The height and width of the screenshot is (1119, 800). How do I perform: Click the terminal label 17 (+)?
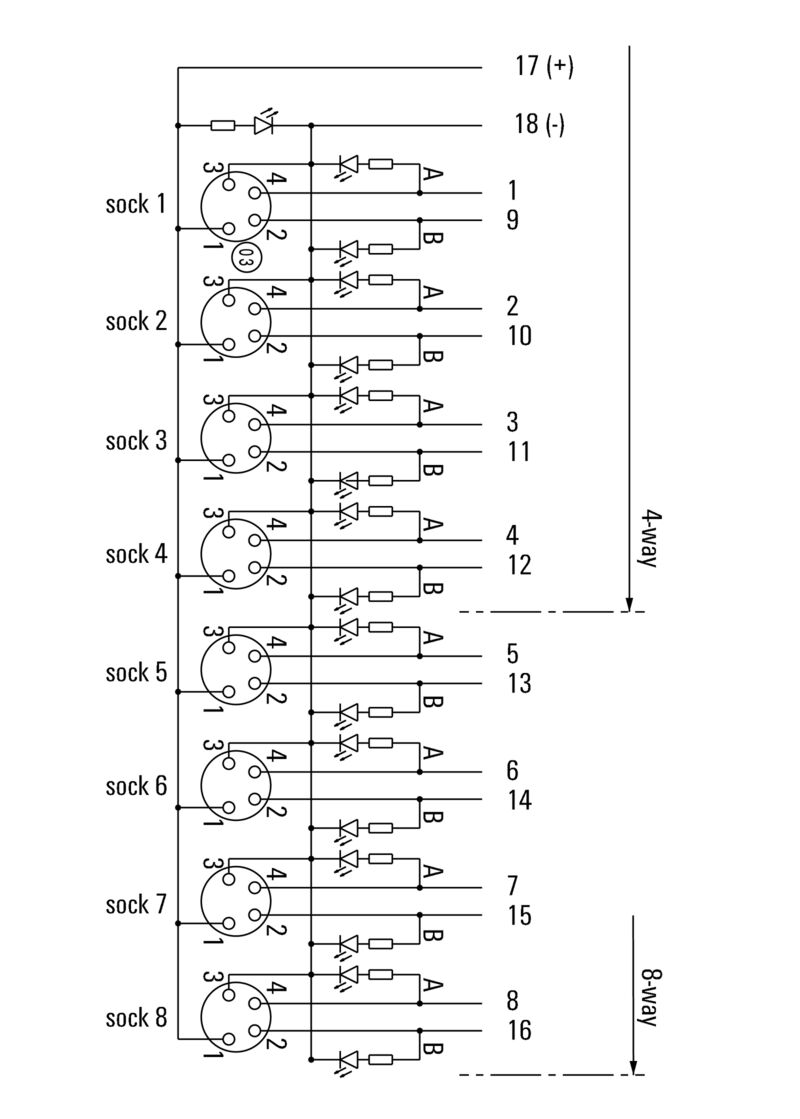pyautogui.click(x=544, y=67)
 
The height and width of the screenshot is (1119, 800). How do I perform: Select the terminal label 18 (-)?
pyautogui.click(x=540, y=125)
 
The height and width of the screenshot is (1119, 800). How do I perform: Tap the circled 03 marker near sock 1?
pyautogui.click(x=244, y=258)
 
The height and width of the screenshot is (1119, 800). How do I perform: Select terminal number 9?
pyautogui.click(x=513, y=220)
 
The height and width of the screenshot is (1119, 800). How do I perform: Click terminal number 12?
pyautogui.click(x=519, y=566)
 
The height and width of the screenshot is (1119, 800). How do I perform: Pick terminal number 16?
pyautogui.click(x=519, y=1031)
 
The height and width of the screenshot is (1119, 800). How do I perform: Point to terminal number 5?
pyautogui.click(x=513, y=654)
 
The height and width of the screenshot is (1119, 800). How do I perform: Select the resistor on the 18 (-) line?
pyautogui.click(x=223, y=125)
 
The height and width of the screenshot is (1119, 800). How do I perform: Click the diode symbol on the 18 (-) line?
pyautogui.click(x=265, y=125)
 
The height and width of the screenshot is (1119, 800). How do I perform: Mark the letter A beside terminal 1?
pyautogui.click(x=432, y=174)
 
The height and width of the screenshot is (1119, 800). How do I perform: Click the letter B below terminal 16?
pyautogui.click(x=432, y=1050)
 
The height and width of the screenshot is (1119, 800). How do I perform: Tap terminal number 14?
pyautogui.click(x=519, y=800)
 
